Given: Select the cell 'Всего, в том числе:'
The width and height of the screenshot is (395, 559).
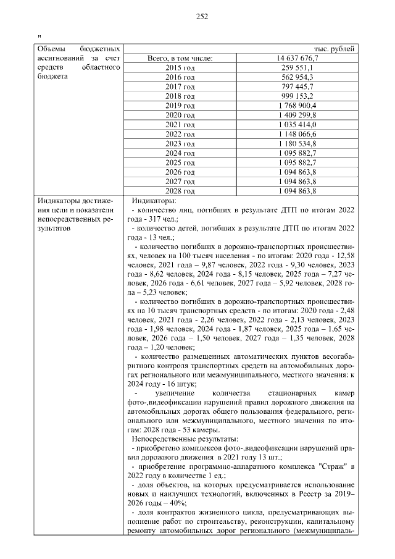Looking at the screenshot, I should point(180,58).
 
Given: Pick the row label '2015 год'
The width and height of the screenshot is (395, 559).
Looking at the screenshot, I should point(180,68).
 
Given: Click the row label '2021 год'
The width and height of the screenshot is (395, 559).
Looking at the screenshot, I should point(180,125).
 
